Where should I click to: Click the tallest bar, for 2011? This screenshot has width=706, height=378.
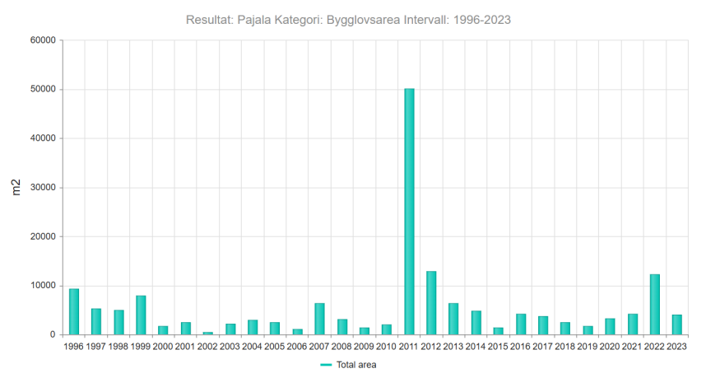click(409, 212)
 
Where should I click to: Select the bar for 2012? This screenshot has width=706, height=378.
click(431, 303)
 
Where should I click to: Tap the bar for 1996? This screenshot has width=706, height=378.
click(74, 312)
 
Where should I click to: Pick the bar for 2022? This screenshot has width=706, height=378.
click(655, 305)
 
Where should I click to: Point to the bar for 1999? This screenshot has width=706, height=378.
click(141, 315)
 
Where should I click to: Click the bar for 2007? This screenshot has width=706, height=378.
click(320, 319)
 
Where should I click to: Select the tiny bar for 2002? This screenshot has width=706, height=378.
click(208, 334)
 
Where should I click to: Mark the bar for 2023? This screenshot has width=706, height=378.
click(677, 324)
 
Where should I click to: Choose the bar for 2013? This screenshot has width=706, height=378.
click(453, 319)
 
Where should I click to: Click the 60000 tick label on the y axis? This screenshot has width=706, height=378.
click(44, 40)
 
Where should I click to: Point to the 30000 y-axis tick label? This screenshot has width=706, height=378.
click(44, 188)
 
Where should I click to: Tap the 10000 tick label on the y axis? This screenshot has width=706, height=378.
click(44, 286)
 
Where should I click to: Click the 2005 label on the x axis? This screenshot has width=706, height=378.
click(275, 347)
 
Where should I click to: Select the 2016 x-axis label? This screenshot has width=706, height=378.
click(521, 347)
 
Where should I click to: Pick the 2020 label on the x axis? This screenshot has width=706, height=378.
click(610, 347)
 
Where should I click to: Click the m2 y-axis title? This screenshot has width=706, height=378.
click(16, 188)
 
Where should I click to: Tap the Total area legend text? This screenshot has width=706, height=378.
click(356, 365)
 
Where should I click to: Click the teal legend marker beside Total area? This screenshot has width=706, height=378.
click(326, 365)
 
